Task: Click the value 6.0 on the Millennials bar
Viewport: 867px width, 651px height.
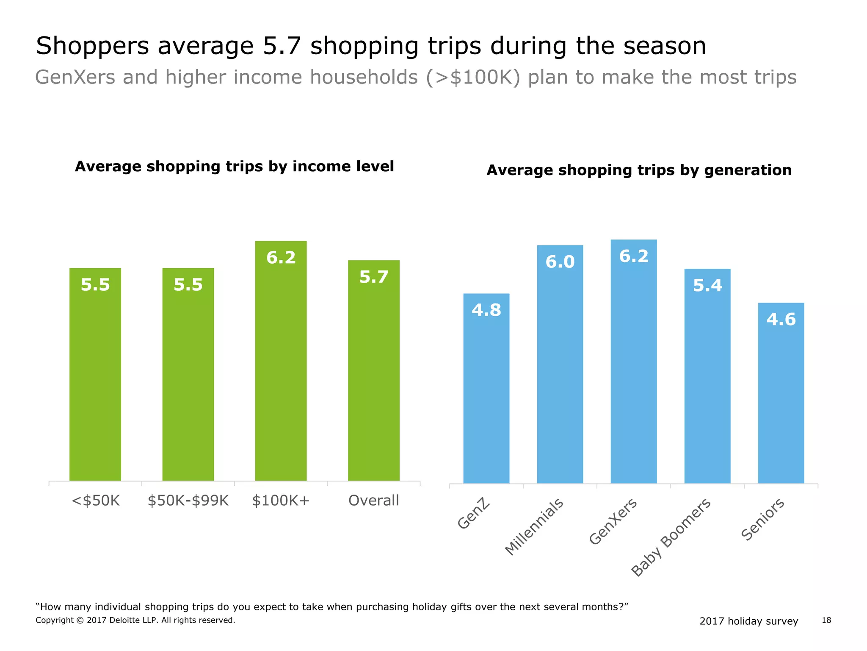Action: [560, 262]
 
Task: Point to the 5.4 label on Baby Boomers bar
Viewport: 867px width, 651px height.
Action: [707, 286]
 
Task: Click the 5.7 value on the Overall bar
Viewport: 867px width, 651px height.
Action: [373, 277]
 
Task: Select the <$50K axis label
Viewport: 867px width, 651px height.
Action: [96, 501]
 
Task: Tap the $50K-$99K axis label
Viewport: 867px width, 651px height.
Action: [188, 501]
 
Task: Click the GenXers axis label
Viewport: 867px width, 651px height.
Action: [613, 521]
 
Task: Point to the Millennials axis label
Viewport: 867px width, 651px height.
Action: [534, 526]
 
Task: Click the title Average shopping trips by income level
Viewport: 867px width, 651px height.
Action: [234, 166]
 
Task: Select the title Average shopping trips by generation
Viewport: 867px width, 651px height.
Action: [639, 170]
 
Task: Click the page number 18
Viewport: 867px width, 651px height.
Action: [826, 620]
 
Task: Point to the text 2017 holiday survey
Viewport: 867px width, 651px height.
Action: [748, 621]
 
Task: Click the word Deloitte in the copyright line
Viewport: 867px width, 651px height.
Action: [126, 620]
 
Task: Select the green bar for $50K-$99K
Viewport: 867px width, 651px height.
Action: [188, 377]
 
